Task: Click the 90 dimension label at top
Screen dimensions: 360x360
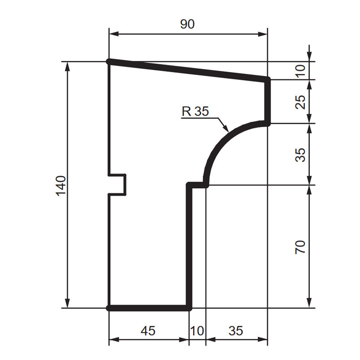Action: point(187,24)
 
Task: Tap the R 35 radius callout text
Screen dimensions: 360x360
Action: point(195,111)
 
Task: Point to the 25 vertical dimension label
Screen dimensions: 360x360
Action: point(301,102)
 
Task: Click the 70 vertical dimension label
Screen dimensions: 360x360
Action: point(301,247)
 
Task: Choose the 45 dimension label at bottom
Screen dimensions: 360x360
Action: point(148,331)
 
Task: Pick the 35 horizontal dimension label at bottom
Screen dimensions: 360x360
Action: point(236,331)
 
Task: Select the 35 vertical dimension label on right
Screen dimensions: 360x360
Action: point(301,155)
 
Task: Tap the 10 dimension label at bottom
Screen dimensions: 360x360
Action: point(197,331)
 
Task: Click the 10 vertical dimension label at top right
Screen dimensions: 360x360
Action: point(301,70)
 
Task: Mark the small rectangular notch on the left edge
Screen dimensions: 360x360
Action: point(118,184)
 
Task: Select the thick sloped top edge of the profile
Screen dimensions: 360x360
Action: point(188,70)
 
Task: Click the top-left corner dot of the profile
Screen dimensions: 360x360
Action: point(109,61)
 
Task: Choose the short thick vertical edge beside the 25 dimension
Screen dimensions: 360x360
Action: point(269,102)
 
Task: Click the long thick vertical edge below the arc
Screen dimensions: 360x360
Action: point(189,247)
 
